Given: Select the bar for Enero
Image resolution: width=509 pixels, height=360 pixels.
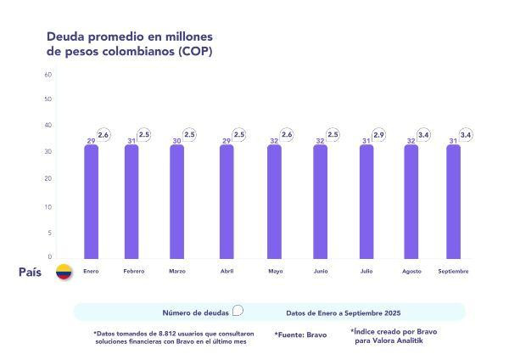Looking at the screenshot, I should (91, 201).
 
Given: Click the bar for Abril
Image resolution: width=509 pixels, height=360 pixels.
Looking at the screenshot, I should (227, 201).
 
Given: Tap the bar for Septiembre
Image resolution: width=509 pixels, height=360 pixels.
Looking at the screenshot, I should (454, 201).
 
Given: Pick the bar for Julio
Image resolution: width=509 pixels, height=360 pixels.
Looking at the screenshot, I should (366, 201).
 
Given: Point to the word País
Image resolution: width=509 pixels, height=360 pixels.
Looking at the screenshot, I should (31, 272).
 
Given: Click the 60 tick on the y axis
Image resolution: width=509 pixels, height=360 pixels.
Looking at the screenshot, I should (48, 74).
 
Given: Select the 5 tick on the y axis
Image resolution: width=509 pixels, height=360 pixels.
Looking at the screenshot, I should (49, 233).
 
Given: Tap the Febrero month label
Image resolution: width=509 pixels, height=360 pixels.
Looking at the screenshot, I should (133, 271).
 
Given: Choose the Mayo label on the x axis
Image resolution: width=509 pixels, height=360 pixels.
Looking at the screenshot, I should (276, 271).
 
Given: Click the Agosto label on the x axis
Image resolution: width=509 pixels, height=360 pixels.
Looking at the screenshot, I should (411, 271).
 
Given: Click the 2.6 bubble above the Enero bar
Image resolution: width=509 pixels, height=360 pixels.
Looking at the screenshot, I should (103, 134).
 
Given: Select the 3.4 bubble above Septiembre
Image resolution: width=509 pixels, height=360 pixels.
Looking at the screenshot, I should (466, 134).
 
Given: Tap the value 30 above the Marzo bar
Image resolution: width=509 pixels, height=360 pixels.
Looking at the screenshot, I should (176, 141).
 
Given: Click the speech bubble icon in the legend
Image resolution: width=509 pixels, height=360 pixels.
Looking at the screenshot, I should (238, 311).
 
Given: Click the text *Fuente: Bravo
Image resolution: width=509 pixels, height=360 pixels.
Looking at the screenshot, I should (300, 335).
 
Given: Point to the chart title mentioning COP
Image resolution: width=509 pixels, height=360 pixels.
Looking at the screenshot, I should (128, 43).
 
